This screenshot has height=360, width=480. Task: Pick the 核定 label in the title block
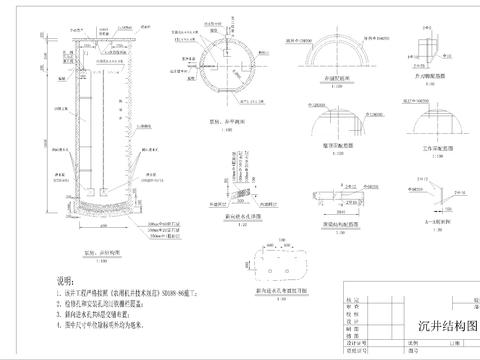click(351, 298)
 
